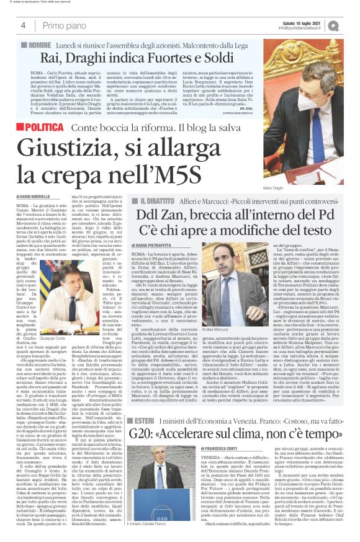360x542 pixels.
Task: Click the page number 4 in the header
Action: coord(23,25)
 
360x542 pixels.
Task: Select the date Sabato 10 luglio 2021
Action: coord(296,22)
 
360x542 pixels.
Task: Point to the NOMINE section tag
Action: coord(38,46)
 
